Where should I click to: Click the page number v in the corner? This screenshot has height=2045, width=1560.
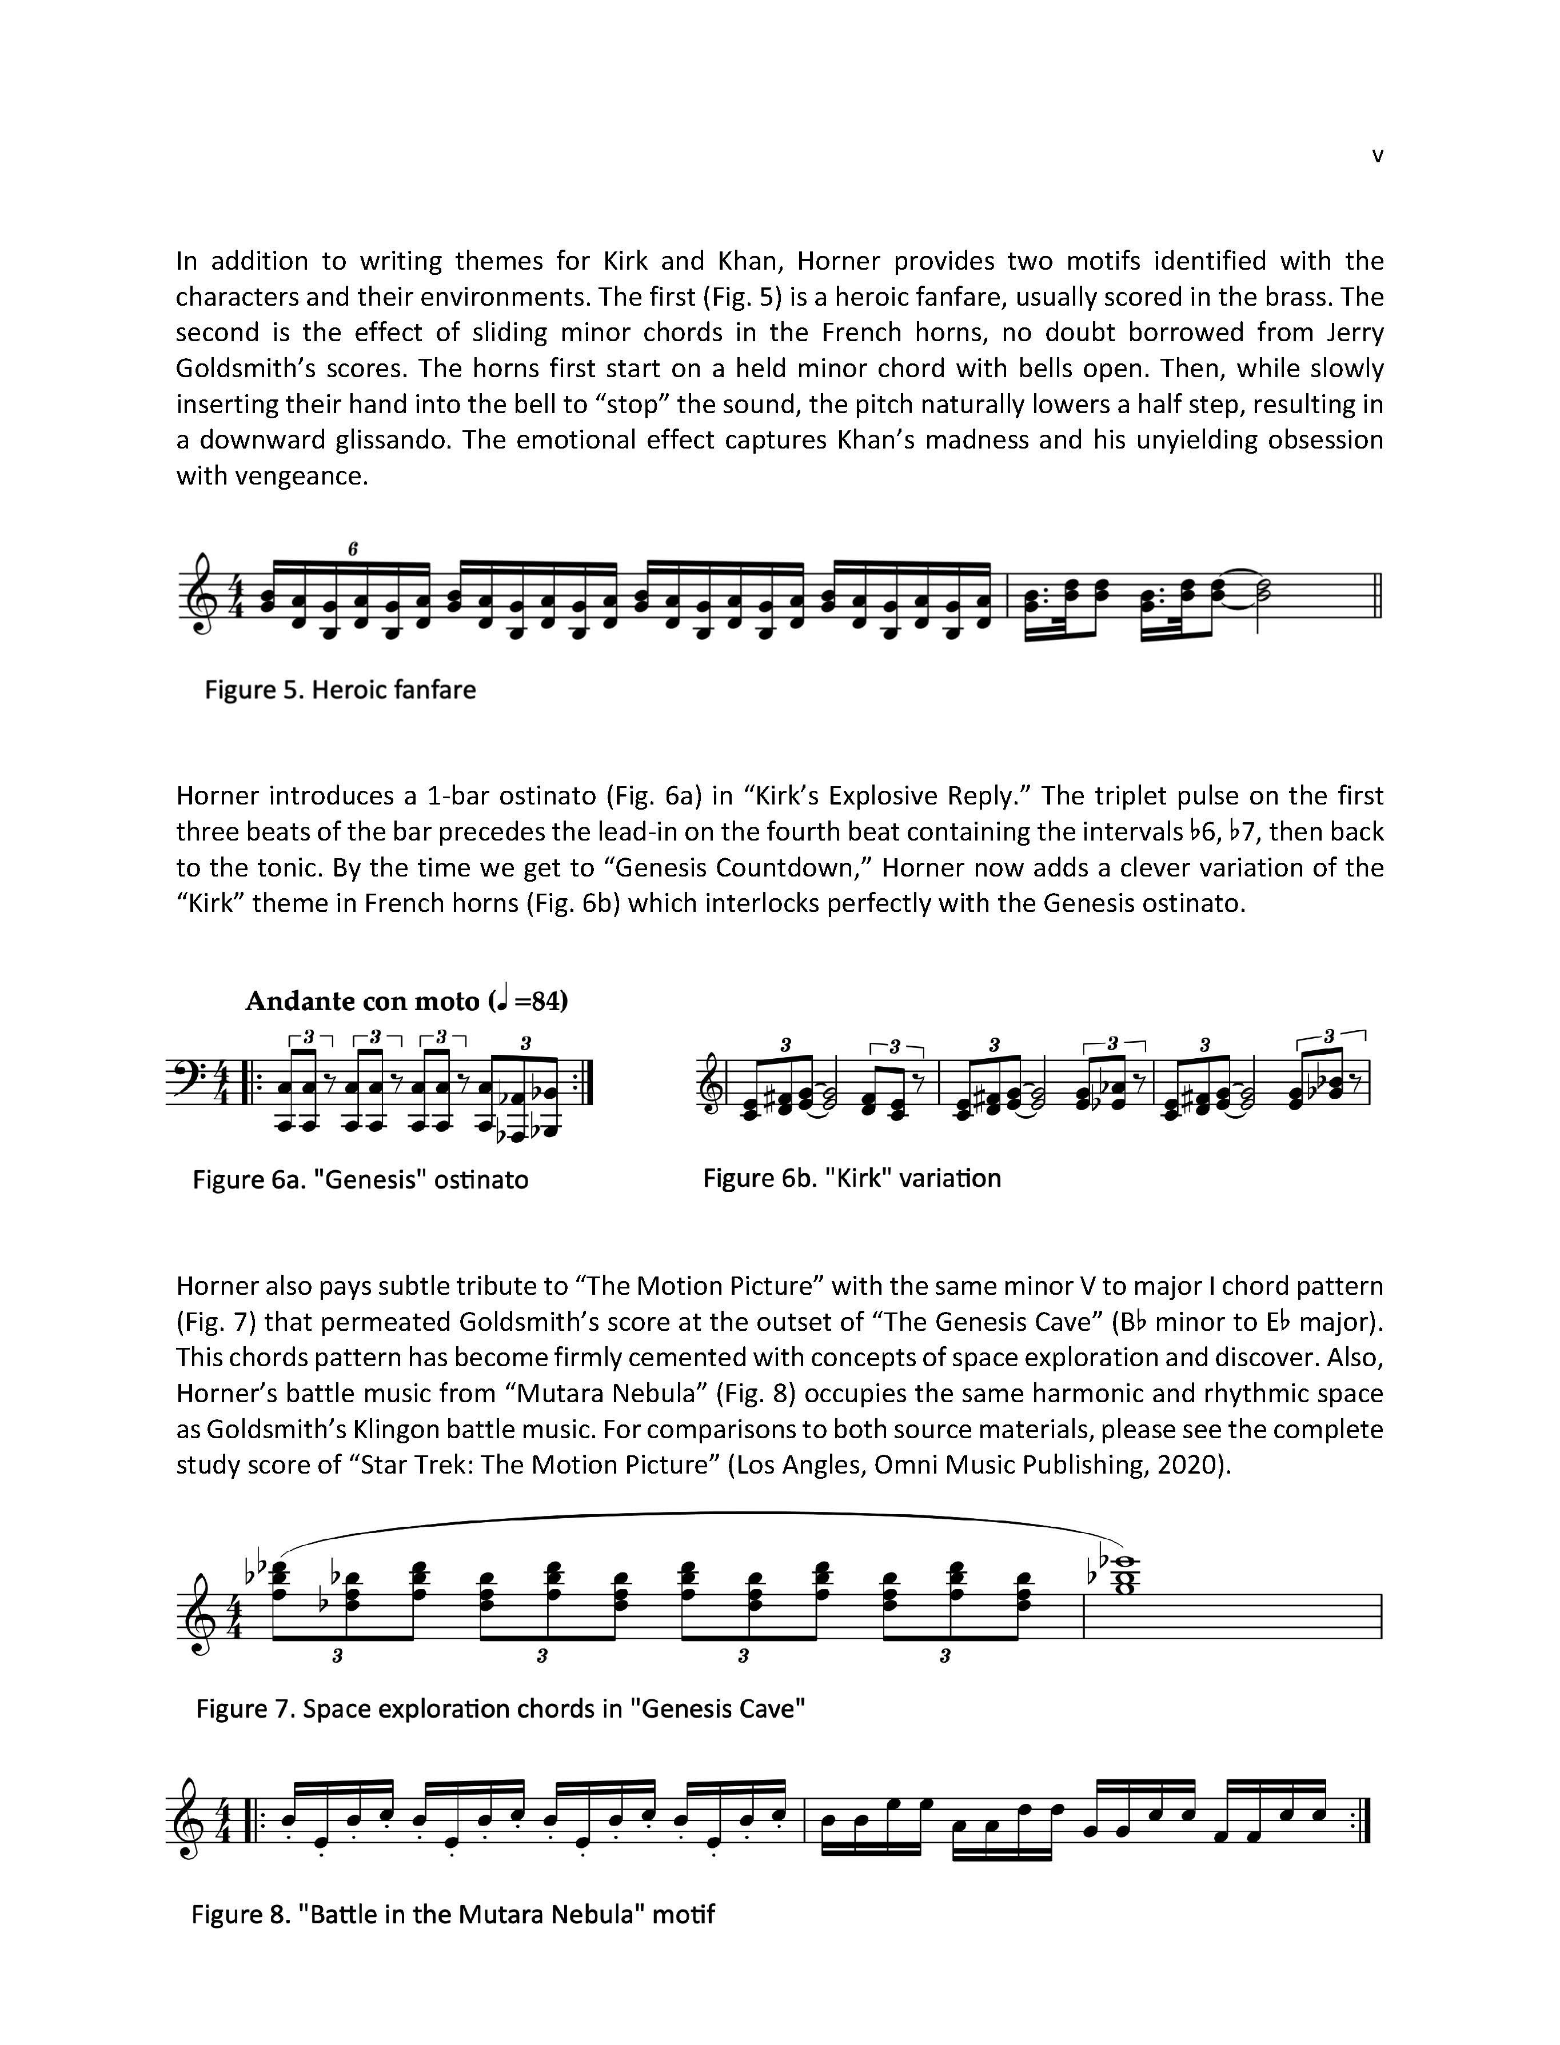click(x=1377, y=156)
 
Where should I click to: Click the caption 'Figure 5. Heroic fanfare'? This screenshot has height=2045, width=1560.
click(x=340, y=690)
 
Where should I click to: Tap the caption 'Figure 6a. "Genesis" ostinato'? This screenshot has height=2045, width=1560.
click(x=360, y=1180)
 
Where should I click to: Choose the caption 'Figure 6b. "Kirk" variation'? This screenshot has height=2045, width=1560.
click(x=852, y=1178)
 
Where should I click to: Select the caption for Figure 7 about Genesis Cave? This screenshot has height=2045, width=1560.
click(x=500, y=1709)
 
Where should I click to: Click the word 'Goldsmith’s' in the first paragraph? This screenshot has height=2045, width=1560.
click(x=241, y=369)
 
